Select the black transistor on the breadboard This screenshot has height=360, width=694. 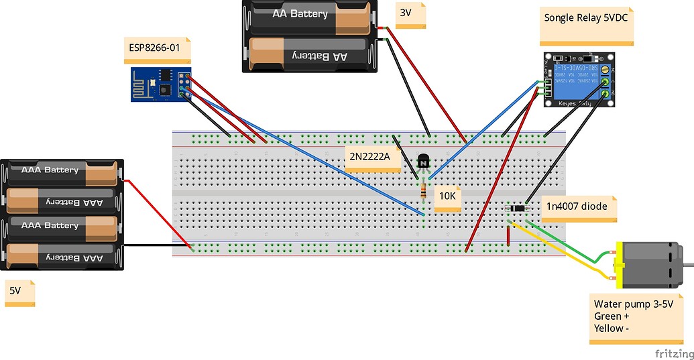[x=424, y=162]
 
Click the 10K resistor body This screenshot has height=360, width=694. [x=423, y=192]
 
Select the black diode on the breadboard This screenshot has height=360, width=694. [x=517, y=208]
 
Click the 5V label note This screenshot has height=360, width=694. [x=19, y=294]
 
